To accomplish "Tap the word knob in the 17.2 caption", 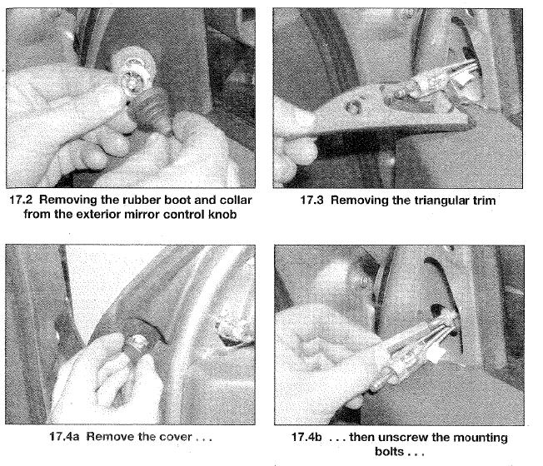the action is point(222,215).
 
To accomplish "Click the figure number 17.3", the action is point(311,201).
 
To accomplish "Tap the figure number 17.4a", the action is point(64,437).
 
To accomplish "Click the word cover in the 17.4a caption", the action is point(175,437).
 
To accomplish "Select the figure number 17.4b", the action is point(306,437).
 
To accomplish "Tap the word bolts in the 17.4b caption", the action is point(390,452).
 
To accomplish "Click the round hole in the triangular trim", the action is point(352,107).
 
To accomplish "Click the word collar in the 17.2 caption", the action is point(235,200).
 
